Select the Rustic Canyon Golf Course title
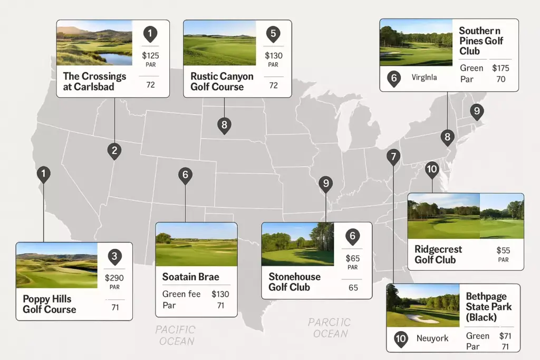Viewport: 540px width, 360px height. [x=221, y=82]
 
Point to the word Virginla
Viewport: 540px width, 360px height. [x=424, y=77]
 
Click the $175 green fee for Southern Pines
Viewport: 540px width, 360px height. [x=501, y=68]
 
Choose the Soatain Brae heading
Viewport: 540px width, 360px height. [x=190, y=277]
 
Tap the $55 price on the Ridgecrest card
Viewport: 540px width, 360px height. [x=503, y=250]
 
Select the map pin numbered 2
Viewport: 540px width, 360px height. [x=114, y=151]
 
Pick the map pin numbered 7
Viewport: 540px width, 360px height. [x=393, y=157]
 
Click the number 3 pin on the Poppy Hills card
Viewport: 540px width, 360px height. [x=115, y=257]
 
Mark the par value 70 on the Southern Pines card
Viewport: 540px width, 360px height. [x=501, y=79]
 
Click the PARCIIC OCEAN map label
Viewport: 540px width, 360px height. [x=330, y=328]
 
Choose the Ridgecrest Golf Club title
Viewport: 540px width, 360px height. [x=438, y=254]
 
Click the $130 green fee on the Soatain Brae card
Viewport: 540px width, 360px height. [x=220, y=294]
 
